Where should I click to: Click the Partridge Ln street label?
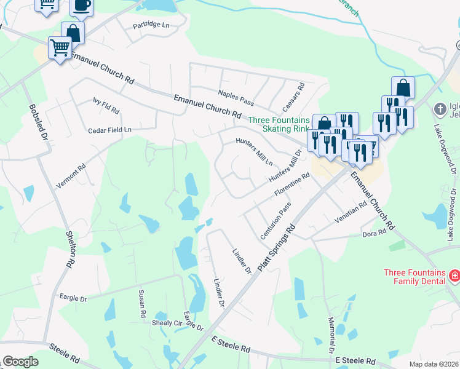click(151, 26)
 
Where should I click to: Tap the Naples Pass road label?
click(235, 97)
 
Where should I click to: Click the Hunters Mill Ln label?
click(255, 151)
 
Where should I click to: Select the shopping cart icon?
click(60, 47)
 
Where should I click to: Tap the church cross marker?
click(440, 109)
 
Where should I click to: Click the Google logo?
click(20, 362)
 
